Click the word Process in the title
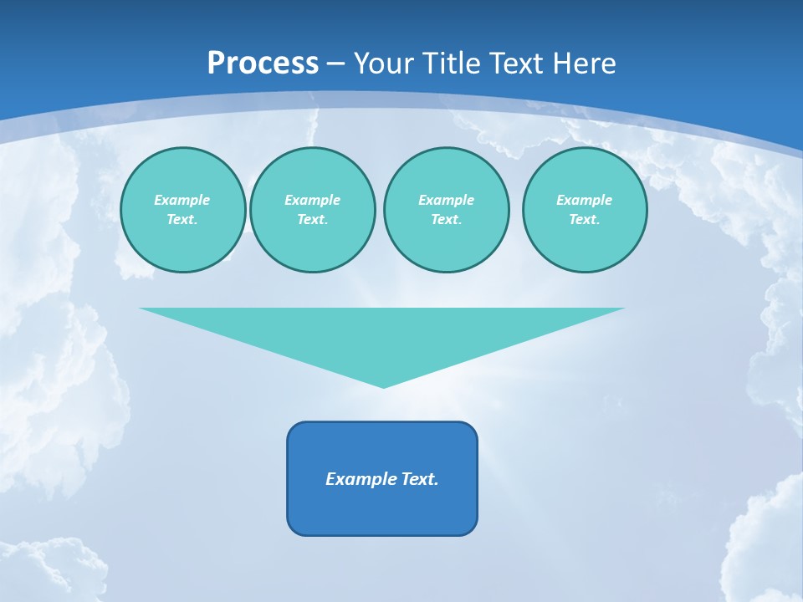[x=263, y=64]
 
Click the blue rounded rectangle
[x=382, y=510]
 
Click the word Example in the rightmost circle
[x=584, y=200]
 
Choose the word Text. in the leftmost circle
[x=182, y=219]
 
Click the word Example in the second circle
[x=312, y=200]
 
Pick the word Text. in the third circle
[x=446, y=219]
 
